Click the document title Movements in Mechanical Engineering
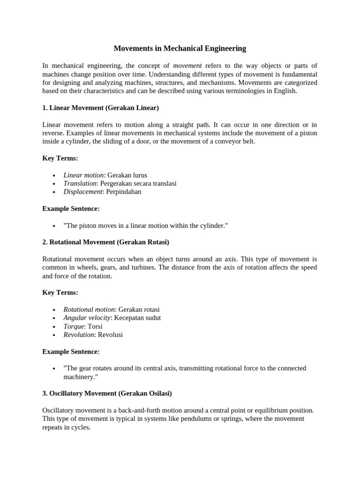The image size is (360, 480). tap(180, 48)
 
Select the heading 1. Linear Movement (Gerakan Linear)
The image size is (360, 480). tap(100, 108)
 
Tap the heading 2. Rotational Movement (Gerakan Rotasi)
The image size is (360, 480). tap(105, 242)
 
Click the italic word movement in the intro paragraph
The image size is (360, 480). tap(187, 66)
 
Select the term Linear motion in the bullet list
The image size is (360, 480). tap(83, 175)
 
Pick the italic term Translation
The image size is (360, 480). tap(80, 183)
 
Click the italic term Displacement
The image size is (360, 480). tap(82, 192)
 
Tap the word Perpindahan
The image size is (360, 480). tap(124, 192)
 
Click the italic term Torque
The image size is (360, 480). tap(74, 326)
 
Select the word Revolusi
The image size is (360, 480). tap(110, 335)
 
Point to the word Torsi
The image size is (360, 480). tap(95, 326)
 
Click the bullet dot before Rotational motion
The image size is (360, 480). tap(54, 310)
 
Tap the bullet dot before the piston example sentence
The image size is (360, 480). tap(54, 226)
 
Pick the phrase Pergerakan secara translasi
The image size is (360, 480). tap(138, 183)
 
